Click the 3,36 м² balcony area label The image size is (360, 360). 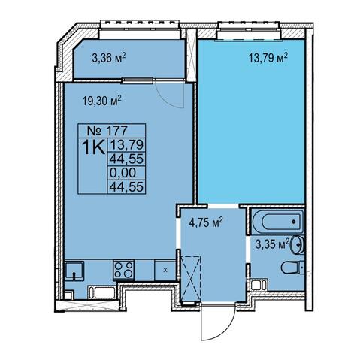pos(109,59)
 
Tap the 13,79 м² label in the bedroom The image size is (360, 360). pos(268,58)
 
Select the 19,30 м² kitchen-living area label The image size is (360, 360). pos(101,101)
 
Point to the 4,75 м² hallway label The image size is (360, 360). pos(206,222)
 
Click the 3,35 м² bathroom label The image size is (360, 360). pos(272,244)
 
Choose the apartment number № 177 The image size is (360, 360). pos(107,130)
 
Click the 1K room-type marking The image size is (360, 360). pos(93,148)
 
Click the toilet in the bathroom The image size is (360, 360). pos(292,268)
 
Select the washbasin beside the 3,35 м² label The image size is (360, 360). pos(298,244)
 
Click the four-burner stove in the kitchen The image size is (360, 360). pos(123,270)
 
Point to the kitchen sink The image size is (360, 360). pos(74,271)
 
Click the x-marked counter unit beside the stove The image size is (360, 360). pos(165,270)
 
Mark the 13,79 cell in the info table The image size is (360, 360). pos(126,144)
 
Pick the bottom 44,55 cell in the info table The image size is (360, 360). pos(126,186)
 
